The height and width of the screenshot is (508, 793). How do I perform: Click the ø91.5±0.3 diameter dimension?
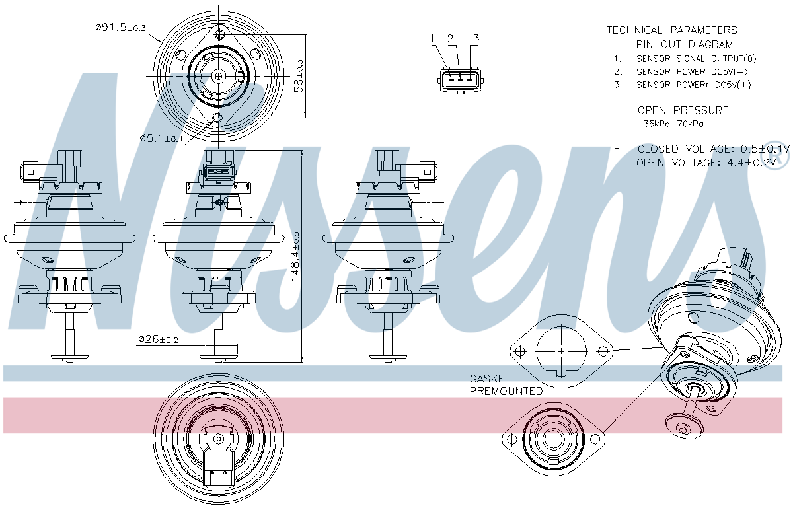tap(121, 28)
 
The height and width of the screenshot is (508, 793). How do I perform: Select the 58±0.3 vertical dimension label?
tap(299, 76)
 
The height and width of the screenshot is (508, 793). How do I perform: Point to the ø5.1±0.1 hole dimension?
tap(162, 139)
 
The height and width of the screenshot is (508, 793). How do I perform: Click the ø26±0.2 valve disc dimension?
tap(159, 340)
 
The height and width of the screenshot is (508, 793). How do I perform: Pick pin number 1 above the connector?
tap(433, 38)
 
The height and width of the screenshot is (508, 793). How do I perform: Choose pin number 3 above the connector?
tap(475, 38)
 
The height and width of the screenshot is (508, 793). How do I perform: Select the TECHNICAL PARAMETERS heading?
tap(672, 30)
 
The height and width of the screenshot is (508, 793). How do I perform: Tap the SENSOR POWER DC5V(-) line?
tap(692, 71)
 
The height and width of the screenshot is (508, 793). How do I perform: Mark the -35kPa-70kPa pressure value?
tap(669, 124)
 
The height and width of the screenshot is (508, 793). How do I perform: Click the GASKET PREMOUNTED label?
tap(506, 384)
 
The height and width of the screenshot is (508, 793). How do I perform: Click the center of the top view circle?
tap(219, 77)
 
